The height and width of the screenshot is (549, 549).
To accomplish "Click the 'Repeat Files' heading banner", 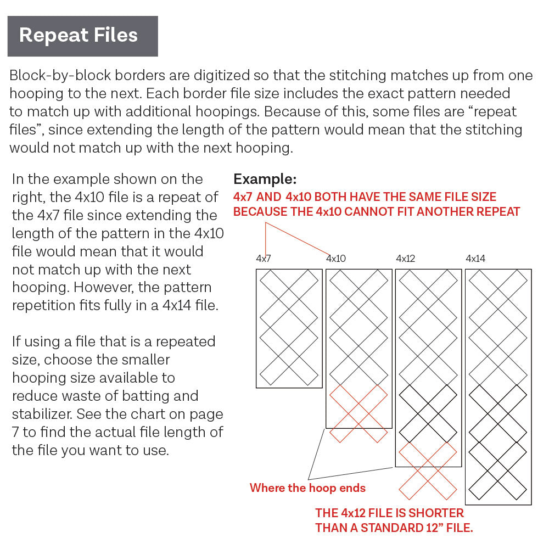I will pos(82,36).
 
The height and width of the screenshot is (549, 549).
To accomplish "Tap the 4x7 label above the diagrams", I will pos(264,259).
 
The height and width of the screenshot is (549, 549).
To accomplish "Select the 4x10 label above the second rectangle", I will pos(336,259).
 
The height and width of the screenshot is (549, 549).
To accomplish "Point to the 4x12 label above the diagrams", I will pos(406,259).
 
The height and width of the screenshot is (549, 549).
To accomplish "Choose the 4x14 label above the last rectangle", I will pos(475,259).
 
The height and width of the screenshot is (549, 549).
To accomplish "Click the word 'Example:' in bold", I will pos(265,179).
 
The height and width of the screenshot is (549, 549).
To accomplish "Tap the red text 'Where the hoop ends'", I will pos(307,488).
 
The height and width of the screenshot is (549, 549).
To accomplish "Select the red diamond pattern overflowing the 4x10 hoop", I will pos(358,413).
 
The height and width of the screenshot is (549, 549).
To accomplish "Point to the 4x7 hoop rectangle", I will pos(289,328).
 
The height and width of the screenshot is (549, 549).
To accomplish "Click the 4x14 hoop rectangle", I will pos(498,386).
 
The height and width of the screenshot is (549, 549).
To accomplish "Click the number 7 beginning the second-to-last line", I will pos(15,432).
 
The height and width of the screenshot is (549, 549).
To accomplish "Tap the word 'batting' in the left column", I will pos(148,396).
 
